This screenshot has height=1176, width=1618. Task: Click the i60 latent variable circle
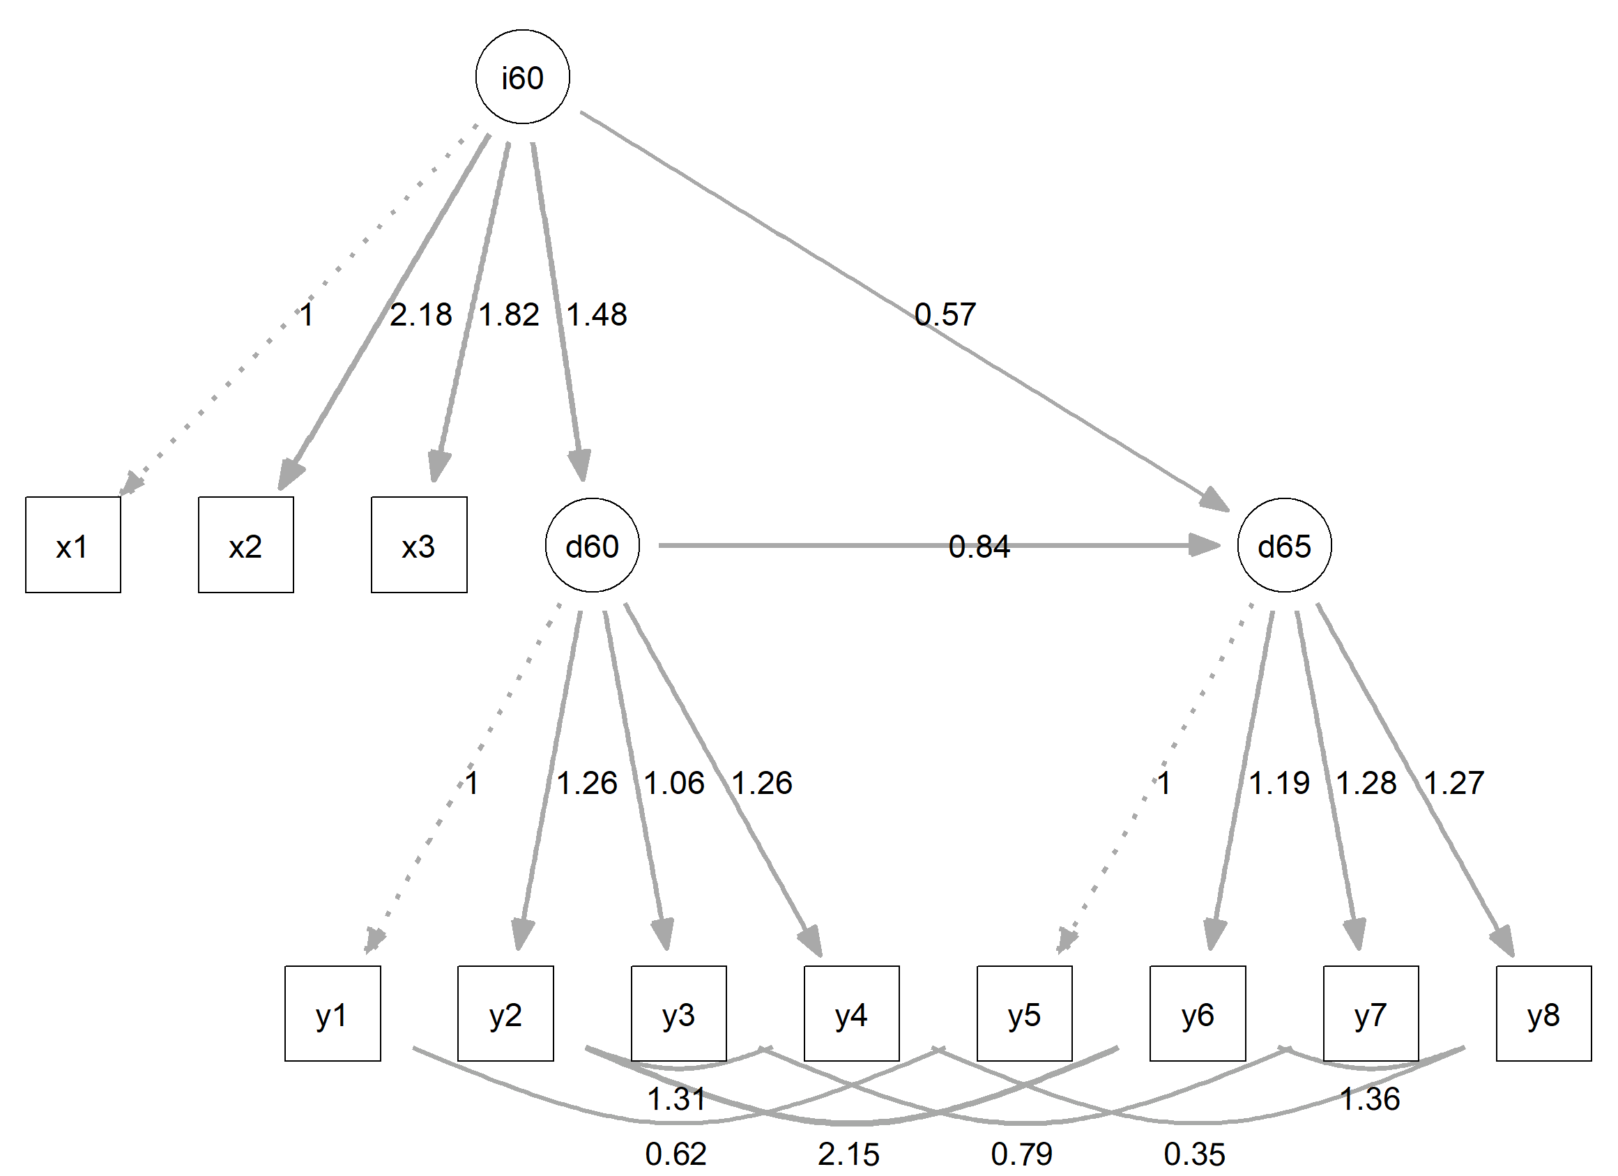[522, 77]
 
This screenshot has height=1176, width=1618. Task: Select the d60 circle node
[592, 546]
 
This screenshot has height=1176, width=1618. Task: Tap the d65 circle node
[1284, 546]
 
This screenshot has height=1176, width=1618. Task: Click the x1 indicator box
[72, 545]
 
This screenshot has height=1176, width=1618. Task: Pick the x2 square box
[245, 545]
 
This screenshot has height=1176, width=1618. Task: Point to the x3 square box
[419, 545]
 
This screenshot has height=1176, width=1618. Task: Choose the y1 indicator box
[333, 1014]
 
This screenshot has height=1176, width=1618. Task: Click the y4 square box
[851, 1014]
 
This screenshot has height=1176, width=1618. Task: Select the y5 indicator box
[1025, 1014]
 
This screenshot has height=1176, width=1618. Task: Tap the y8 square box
[1544, 1014]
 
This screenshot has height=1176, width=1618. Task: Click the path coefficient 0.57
[945, 314]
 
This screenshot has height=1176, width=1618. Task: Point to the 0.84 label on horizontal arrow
[979, 547]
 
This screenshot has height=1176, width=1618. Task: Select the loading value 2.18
[420, 314]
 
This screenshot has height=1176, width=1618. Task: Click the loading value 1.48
[597, 314]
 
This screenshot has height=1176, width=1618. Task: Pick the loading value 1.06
[674, 784]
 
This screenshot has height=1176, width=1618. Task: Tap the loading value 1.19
[1279, 784]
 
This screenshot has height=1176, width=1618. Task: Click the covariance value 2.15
[848, 1154]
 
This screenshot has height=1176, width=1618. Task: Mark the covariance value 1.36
[1370, 1099]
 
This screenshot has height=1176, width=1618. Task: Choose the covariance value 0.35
[1194, 1154]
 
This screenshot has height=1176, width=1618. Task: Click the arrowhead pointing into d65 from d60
[1205, 546]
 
